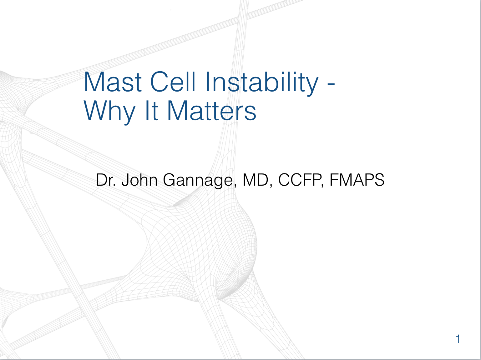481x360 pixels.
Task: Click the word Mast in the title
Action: pos(113,82)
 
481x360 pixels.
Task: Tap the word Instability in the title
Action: pos(262,82)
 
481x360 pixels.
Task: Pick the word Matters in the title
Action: pos(212,111)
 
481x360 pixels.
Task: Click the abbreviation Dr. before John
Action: pos(106,180)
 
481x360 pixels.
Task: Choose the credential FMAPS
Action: pos(357,180)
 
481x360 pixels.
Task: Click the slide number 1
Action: pos(458,339)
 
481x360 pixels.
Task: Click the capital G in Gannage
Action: pos(170,180)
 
